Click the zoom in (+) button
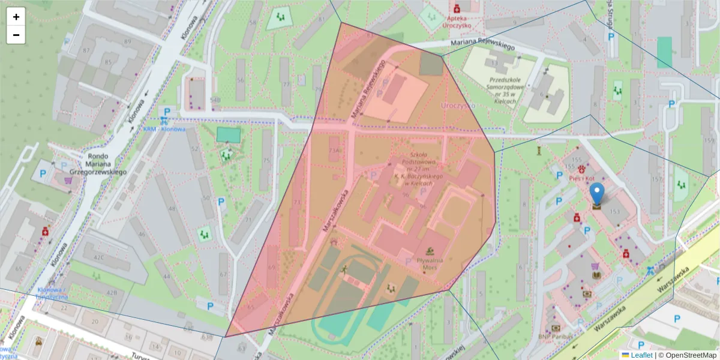tap(16, 17)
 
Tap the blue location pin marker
tap(597, 195)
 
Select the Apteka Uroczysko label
tap(457, 22)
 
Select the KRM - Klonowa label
tap(164, 129)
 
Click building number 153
tap(614, 211)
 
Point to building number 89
tap(127, 41)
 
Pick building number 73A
tap(334, 151)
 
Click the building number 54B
tap(215, 100)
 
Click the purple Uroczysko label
tap(457, 105)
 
